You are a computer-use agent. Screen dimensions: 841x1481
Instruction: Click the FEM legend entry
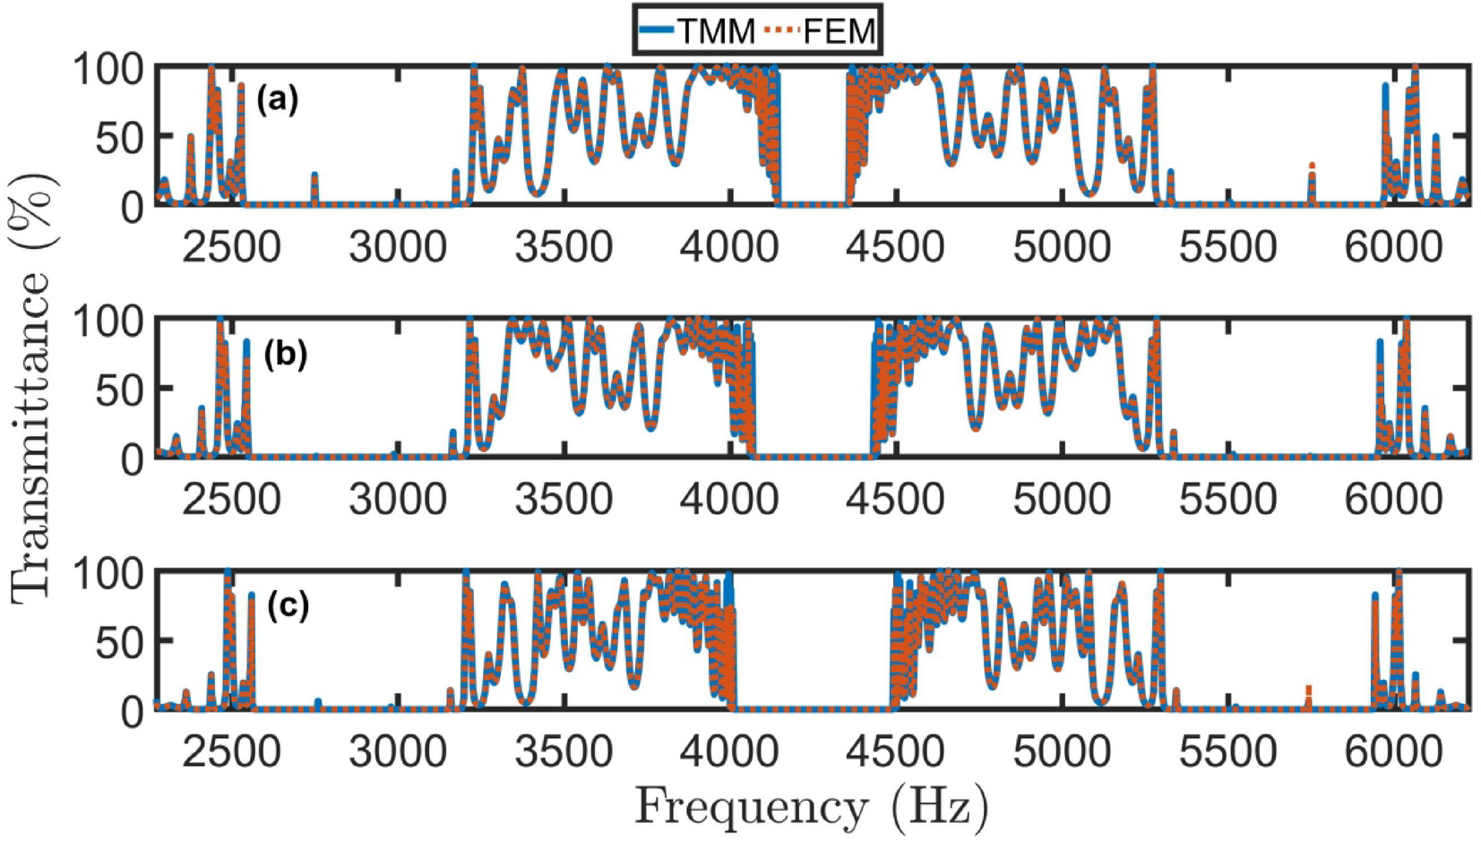click(x=821, y=31)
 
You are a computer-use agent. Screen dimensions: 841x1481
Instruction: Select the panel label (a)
click(x=277, y=99)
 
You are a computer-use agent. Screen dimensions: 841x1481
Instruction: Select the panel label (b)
click(x=285, y=355)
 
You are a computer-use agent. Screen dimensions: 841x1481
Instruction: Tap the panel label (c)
click(x=288, y=606)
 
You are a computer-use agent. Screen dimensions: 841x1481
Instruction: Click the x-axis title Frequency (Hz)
click(x=812, y=807)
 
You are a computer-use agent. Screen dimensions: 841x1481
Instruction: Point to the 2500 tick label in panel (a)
click(x=231, y=247)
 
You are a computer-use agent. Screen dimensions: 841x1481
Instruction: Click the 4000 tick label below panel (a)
click(x=729, y=247)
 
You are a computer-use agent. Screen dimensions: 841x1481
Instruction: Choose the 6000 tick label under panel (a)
click(x=1393, y=247)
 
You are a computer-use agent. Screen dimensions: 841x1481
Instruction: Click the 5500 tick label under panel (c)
click(x=1227, y=751)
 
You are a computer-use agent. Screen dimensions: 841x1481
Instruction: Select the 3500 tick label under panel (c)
click(x=564, y=751)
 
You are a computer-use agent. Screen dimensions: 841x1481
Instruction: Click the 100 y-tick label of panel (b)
click(x=108, y=321)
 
